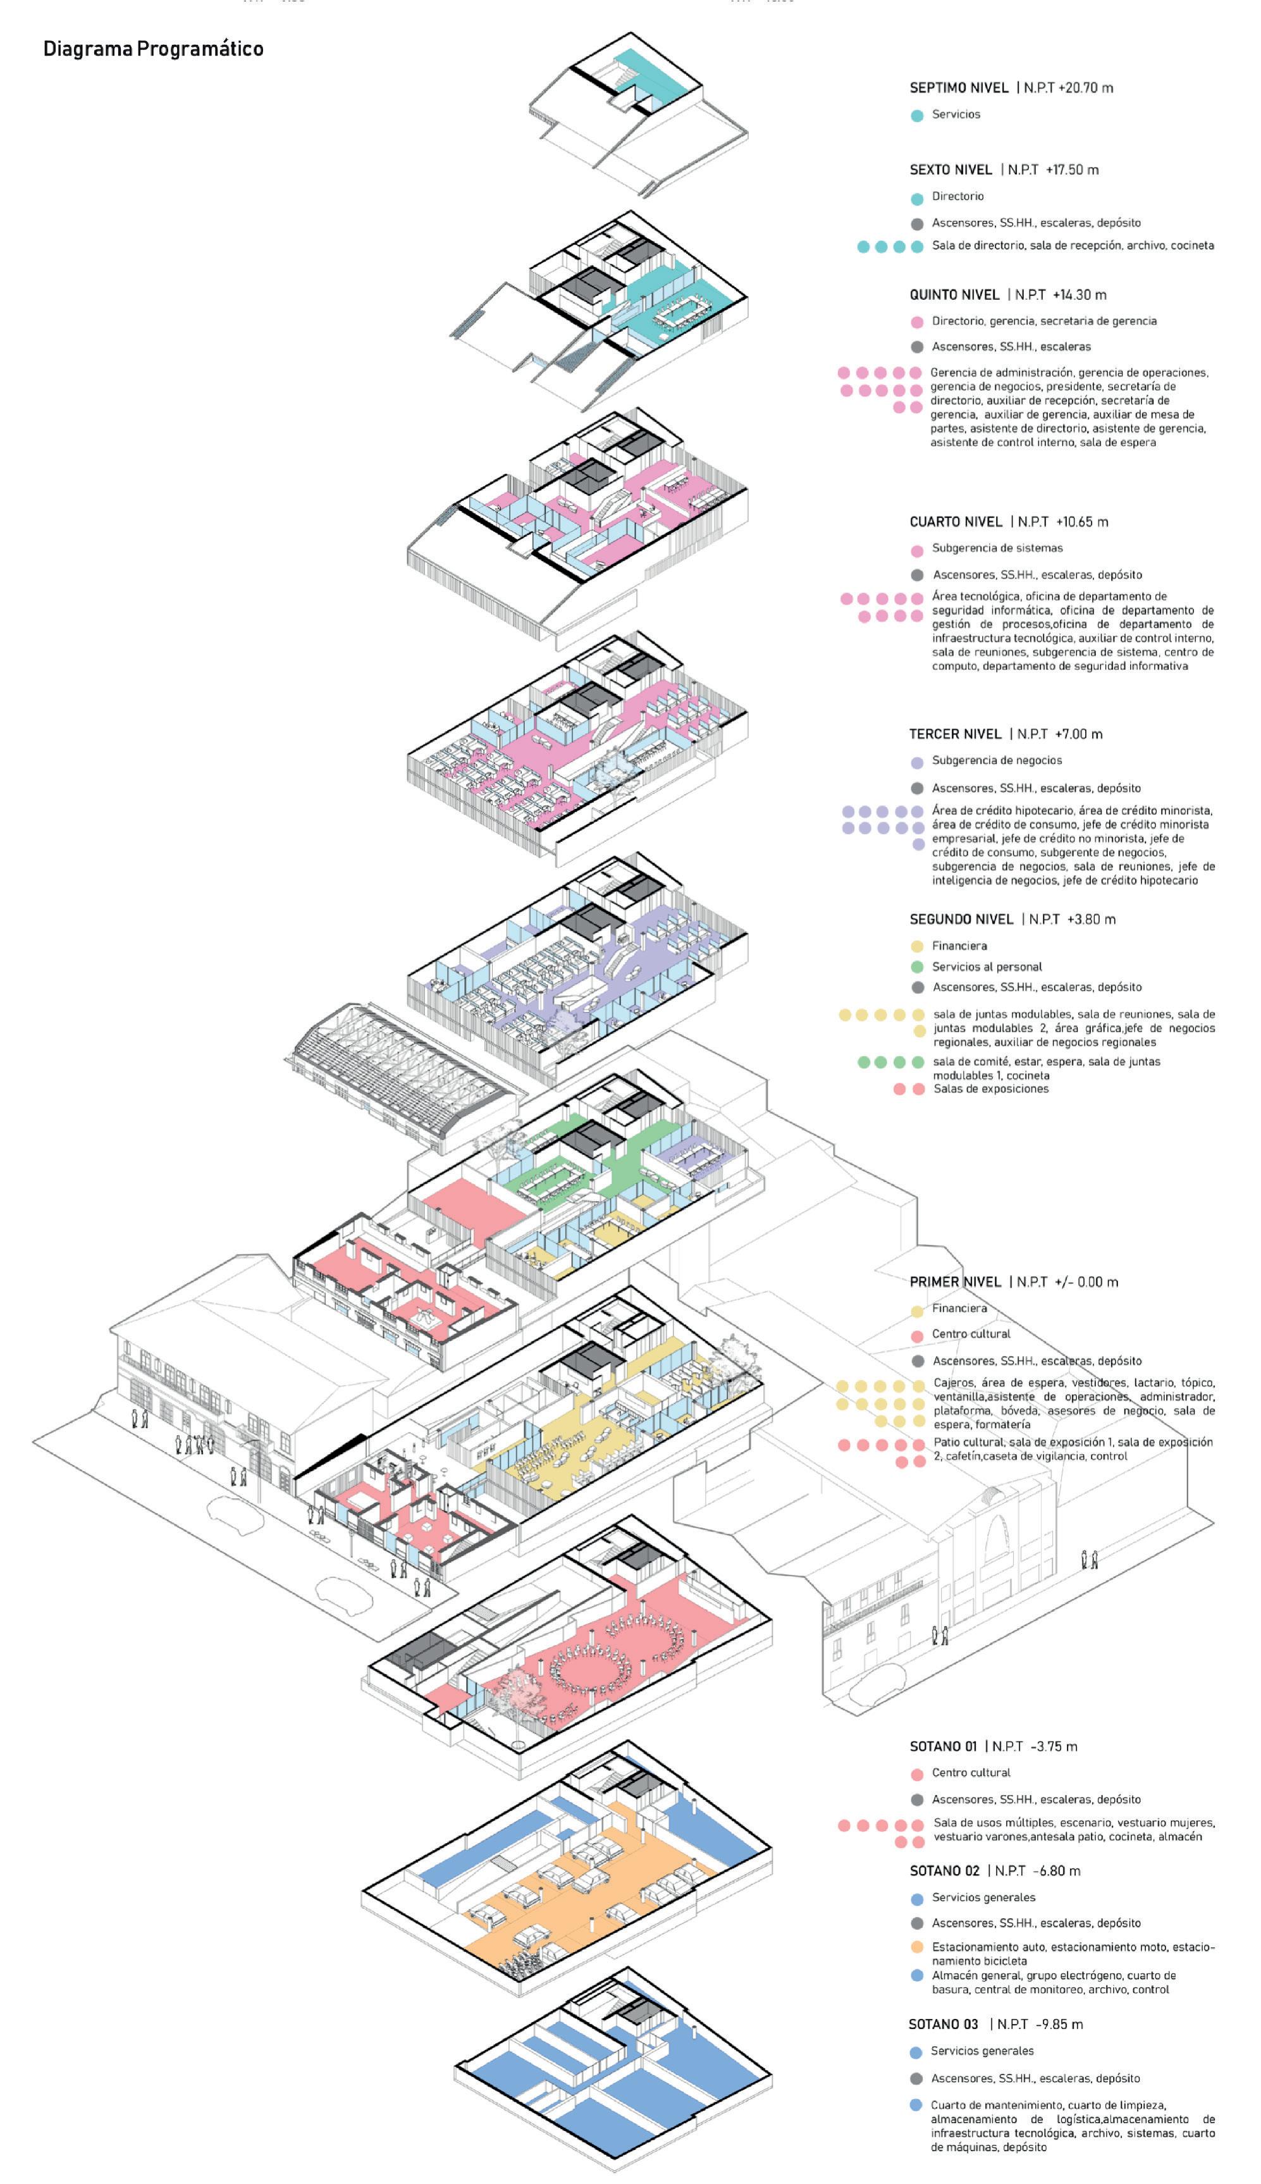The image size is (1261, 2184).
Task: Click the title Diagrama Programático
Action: click(x=153, y=49)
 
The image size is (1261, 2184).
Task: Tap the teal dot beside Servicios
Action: click(x=917, y=115)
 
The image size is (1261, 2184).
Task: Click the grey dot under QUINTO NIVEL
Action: click(x=917, y=347)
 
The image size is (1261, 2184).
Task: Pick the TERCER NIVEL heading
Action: click(x=954, y=734)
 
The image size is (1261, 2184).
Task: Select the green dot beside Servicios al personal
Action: click(x=917, y=967)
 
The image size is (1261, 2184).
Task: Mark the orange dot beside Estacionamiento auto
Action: click(x=917, y=1947)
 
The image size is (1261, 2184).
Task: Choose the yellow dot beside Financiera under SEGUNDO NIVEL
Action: click(x=917, y=946)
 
